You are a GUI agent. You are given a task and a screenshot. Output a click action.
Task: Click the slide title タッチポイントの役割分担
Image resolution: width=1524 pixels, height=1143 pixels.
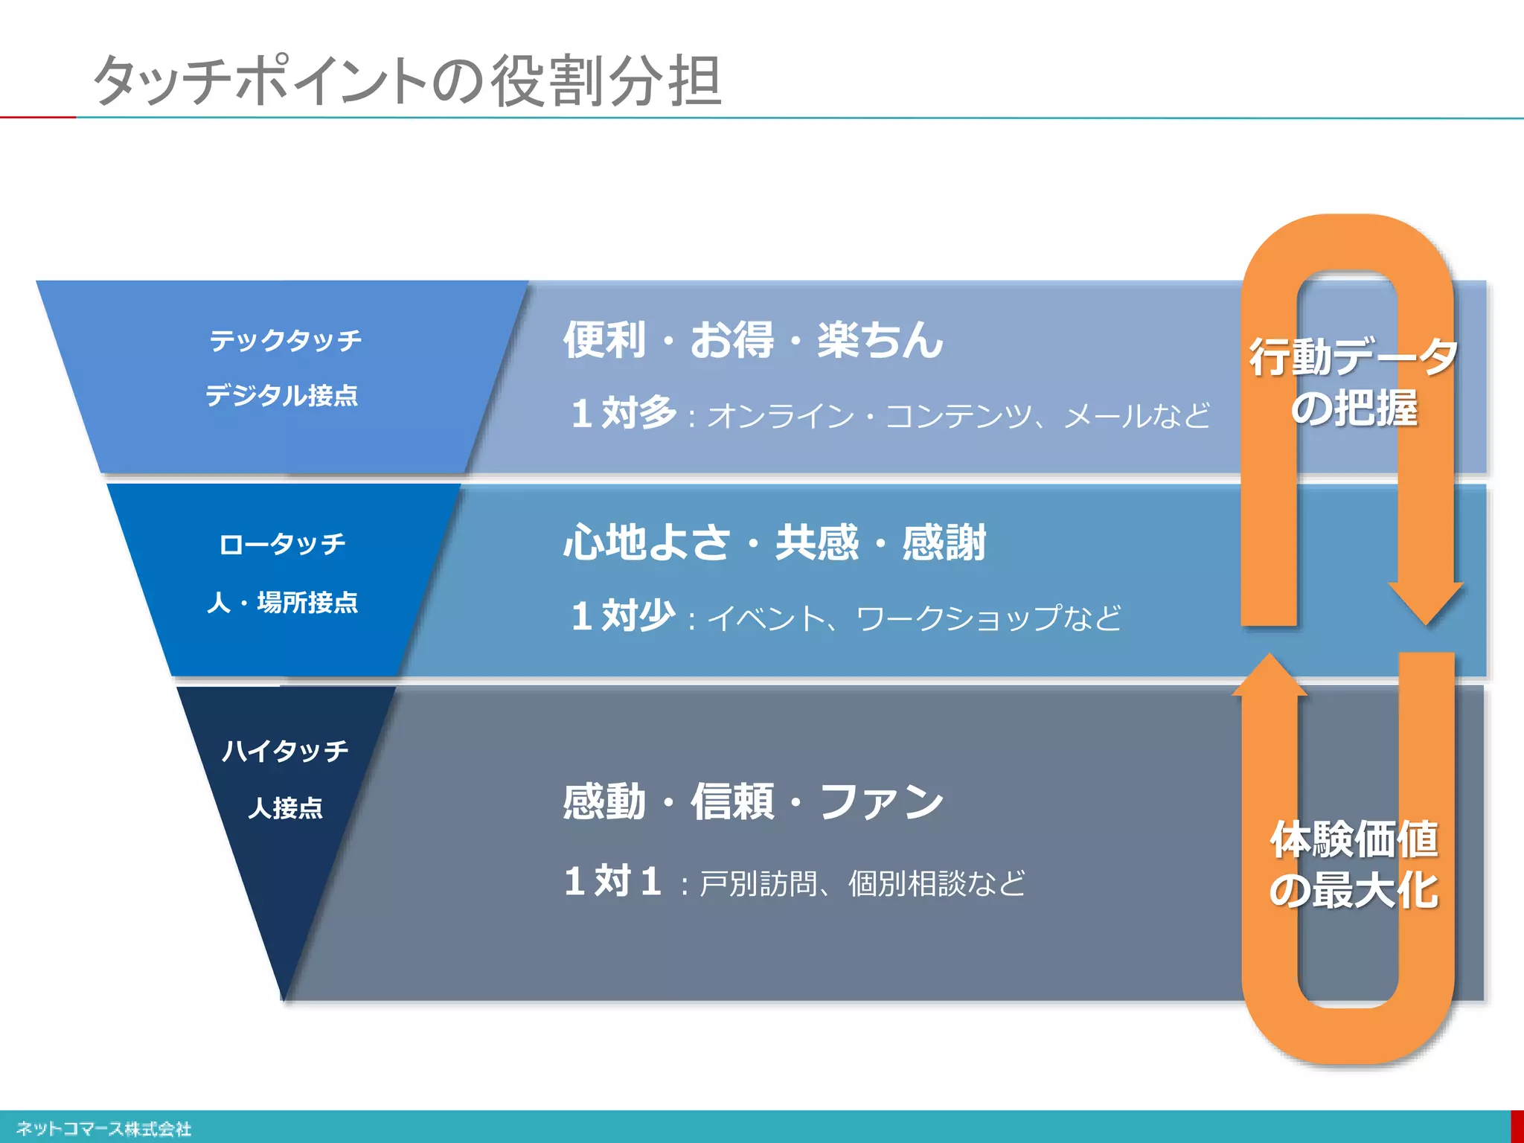(x=407, y=80)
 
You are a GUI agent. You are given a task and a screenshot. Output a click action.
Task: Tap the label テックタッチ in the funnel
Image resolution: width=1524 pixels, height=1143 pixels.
(x=285, y=341)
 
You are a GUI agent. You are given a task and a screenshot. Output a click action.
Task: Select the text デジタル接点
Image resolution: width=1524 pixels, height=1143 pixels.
(x=281, y=395)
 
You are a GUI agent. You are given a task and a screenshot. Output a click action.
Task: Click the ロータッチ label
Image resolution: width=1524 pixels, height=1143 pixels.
(x=282, y=544)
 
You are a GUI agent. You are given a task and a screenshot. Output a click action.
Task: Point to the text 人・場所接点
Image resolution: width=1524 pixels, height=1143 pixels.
(x=282, y=602)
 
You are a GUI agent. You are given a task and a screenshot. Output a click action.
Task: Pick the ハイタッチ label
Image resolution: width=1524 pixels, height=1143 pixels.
(x=285, y=750)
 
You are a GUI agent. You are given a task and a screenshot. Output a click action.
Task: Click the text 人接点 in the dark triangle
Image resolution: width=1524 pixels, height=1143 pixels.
(x=285, y=807)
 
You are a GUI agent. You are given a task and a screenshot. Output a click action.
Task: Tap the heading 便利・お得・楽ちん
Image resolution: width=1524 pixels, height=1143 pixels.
(x=753, y=340)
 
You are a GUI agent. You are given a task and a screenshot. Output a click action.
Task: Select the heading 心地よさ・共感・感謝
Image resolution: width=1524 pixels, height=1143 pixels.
(x=774, y=542)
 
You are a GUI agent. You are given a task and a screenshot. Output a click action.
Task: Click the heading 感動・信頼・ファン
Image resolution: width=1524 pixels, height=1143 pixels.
(x=753, y=802)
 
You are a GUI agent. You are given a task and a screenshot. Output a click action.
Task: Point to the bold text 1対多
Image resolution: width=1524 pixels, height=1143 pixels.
(x=624, y=413)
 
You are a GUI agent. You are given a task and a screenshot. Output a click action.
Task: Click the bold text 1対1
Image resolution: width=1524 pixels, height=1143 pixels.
(x=612, y=882)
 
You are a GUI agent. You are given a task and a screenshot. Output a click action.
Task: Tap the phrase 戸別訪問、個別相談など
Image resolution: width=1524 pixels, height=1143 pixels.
(x=862, y=884)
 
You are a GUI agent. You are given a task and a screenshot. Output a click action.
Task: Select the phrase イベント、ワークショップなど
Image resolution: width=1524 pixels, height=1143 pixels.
(x=914, y=618)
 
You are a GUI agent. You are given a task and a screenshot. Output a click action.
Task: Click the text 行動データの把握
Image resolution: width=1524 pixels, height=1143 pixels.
(x=1354, y=382)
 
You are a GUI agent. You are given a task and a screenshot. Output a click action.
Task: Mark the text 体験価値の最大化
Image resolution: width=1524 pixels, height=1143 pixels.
(x=1354, y=865)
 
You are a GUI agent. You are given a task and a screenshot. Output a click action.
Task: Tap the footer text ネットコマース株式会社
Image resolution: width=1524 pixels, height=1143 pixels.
(x=103, y=1129)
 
